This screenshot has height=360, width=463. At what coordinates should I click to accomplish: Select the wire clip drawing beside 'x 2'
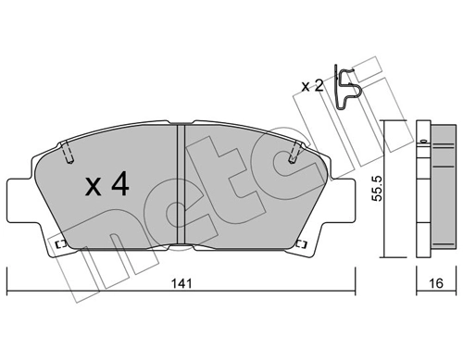pos(349,90)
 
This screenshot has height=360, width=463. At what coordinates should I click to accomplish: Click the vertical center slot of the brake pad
pos(182,185)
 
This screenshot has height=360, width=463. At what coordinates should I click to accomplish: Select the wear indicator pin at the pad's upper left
pos(68,152)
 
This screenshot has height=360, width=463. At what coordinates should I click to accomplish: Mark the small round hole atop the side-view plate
pos(423,143)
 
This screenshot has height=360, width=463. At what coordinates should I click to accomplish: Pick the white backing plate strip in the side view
pos(423,190)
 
